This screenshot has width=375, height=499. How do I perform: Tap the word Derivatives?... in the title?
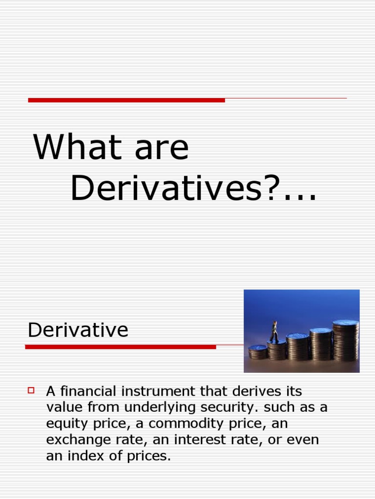point(193,188)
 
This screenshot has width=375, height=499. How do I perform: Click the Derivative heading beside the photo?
point(78,330)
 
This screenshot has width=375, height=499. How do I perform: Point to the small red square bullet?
point(32,390)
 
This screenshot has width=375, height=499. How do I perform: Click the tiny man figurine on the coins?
point(274,331)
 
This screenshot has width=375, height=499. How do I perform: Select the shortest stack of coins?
point(258,352)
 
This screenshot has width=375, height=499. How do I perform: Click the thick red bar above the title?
point(126,100)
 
